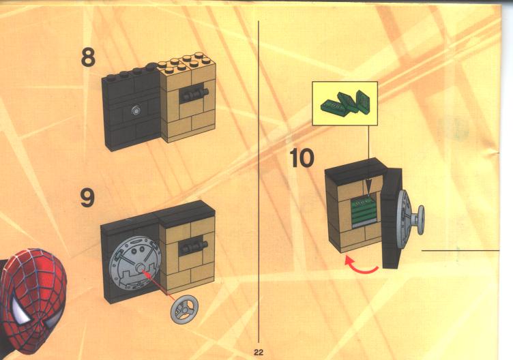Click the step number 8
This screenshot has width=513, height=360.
click(x=88, y=57)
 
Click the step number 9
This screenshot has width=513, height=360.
click(x=88, y=197)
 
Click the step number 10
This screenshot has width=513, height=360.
click(x=302, y=158)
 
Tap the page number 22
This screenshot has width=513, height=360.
click(x=258, y=352)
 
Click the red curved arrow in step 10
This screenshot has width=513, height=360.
click(x=362, y=265)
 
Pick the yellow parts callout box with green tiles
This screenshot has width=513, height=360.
click(x=345, y=104)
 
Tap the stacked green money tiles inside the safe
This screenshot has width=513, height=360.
click(x=364, y=211)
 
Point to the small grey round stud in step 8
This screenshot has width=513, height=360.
click(x=136, y=110)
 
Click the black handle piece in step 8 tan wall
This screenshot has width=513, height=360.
click(x=194, y=95)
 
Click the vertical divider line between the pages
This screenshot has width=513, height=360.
click(x=259, y=181)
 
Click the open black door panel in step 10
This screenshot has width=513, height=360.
click(x=392, y=218)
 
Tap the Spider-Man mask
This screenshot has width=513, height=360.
click(x=33, y=301)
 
